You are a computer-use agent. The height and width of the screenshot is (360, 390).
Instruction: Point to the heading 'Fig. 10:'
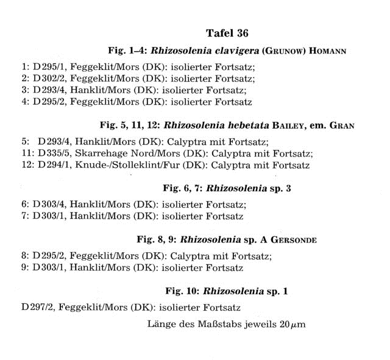pos(183,291)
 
